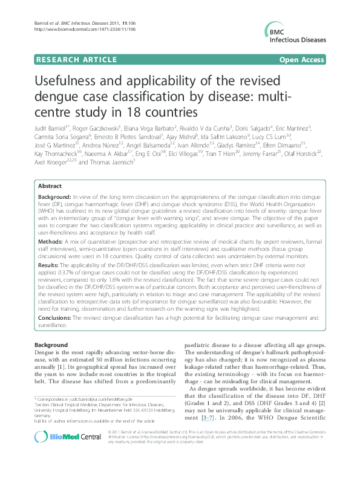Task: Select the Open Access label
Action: tap(303, 60)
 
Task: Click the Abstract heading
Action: tap(50, 187)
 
